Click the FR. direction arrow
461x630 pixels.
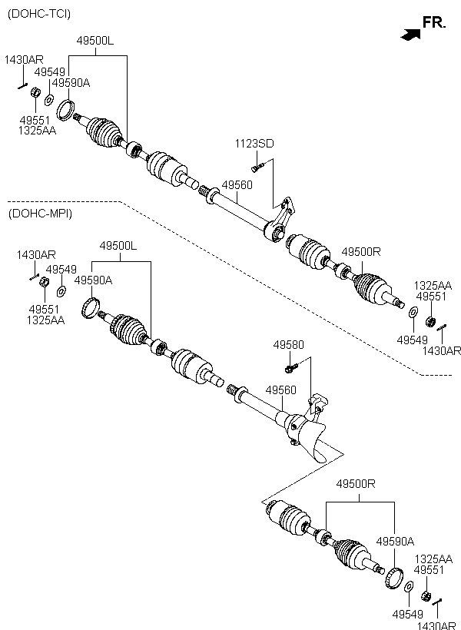tap(411, 35)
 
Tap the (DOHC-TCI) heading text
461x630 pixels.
tap(39, 14)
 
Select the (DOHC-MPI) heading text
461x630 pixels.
tap(40, 214)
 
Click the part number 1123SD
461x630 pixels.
tap(254, 144)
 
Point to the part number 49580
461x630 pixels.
tap(289, 345)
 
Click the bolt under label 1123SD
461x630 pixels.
tap(257, 167)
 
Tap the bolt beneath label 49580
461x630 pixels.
tap(291, 368)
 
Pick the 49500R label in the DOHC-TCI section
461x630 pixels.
tap(361, 252)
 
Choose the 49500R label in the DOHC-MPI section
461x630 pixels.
tap(356, 484)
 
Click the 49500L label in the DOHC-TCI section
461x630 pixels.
tap(95, 41)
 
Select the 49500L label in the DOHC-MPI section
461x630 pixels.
tap(118, 246)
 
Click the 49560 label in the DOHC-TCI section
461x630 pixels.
tap(237, 185)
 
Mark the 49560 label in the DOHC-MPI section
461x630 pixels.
tap(281, 390)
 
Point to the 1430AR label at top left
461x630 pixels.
tap(24, 60)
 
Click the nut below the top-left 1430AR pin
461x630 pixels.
tap(35, 92)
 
